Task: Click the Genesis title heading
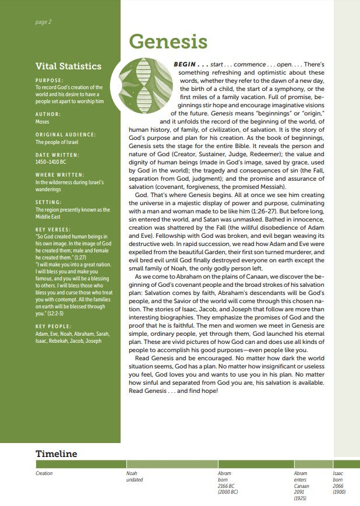tap(168, 42)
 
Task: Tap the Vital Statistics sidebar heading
tap(68, 66)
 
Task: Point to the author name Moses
tap(43, 122)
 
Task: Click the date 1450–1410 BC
tap(51, 161)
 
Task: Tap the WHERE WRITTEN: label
tap(59, 175)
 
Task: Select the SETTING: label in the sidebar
tap(50, 202)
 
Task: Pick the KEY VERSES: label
tap(53, 230)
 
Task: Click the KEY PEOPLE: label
tap(52, 326)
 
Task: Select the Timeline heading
tap(56, 454)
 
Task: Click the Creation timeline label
tap(44, 473)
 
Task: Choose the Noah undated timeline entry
tap(135, 477)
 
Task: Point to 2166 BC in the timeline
tap(226, 486)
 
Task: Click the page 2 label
tap(44, 22)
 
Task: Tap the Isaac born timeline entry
tap(338, 477)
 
